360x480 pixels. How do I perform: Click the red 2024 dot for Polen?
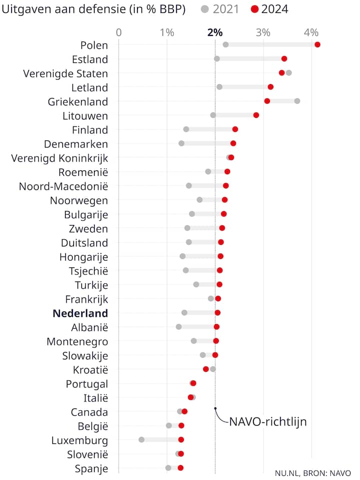pos(317,44)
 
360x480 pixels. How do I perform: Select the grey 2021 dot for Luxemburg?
pos(141,439)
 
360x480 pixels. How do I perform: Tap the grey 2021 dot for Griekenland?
pos(297,101)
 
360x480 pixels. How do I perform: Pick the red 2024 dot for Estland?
pos(284,58)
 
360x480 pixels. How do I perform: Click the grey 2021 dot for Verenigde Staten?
pos(288,72)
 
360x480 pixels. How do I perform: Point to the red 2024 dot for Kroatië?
pos(205,369)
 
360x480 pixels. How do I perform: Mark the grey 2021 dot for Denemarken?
pos(181,143)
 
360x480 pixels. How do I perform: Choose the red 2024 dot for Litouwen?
pos(256,115)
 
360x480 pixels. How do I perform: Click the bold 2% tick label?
pos(214,32)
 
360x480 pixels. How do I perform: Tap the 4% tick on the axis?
pos(311,32)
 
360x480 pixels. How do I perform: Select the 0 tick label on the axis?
pos(118,32)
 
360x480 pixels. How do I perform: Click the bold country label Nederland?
pos(80,313)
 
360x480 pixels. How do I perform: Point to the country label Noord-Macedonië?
pos(63,186)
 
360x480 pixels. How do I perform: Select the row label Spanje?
pos(91,468)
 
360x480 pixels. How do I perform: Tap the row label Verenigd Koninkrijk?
pos(59,158)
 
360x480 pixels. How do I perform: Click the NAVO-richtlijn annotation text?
pos(267,421)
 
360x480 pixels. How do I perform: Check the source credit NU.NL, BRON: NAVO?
pos(313,472)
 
